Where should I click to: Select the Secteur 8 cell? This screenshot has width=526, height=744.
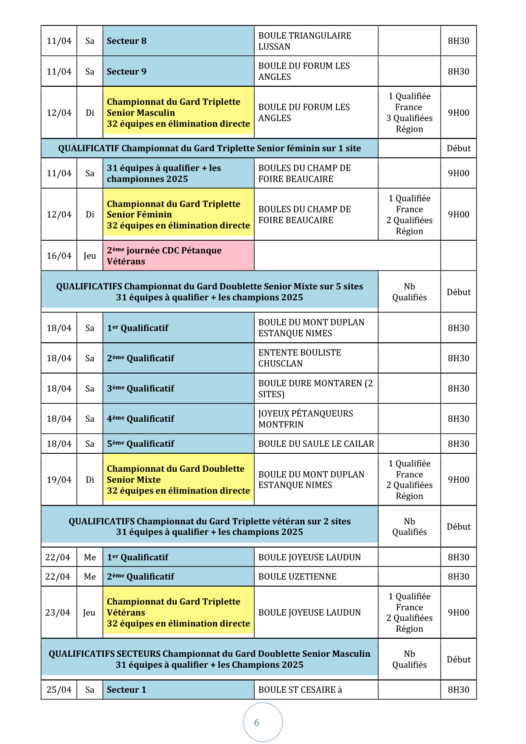pos(178,41)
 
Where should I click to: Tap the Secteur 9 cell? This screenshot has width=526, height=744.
pos(178,71)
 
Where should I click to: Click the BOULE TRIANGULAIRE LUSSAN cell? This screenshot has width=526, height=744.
pos(316,41)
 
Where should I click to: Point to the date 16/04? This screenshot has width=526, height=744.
pos(59,256)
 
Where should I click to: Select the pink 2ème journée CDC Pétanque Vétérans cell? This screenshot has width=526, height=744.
pos(178,256)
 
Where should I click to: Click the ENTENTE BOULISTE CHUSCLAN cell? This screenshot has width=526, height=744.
pos(316,358)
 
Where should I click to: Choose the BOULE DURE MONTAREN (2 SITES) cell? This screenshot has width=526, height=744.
pos(316,388)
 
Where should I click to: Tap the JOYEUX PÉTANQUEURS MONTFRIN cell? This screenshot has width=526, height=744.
pos(316,419)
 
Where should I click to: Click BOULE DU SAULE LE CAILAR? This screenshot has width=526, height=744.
pos(316,444)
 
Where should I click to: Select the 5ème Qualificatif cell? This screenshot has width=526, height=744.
pos(178,444)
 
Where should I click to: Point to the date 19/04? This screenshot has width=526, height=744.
pos(59,480)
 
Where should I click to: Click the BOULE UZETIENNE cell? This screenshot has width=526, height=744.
pos(316,577)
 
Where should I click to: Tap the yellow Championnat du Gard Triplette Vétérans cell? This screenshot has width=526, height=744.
pos(178,612)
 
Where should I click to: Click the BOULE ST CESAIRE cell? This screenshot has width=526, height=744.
pos(316,690)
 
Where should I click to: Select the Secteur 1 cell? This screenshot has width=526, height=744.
pos(178,690)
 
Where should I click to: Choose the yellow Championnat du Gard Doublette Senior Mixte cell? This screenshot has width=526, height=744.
pos(178,480)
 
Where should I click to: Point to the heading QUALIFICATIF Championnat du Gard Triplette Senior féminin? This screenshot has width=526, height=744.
pos(210,148)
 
